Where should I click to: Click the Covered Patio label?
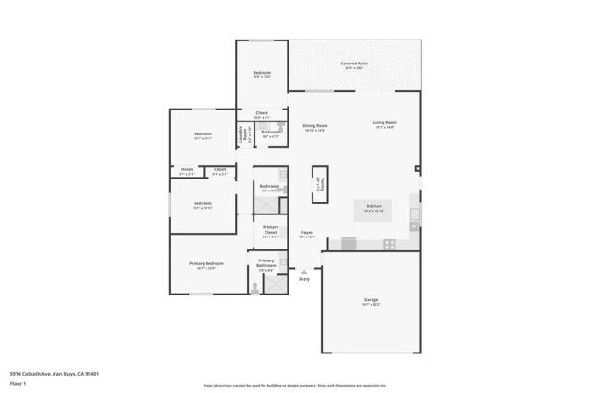click(354, 64)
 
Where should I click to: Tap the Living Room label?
click(384, 124)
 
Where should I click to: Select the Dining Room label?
click(316, 127)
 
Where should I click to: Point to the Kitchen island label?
click(373, 208)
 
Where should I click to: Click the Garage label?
click(371, 301)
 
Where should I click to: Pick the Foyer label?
click(307, 234)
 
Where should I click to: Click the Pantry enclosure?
click(319, 183)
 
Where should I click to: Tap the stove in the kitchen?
click(390, 244)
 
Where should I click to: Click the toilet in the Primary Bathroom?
click(255, 286)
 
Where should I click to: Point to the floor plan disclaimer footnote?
click(294, 386)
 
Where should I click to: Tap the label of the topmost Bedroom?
click(262, 75)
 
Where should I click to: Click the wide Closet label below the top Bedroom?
click(262, 114)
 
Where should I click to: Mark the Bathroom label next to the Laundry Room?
click(270, 133)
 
